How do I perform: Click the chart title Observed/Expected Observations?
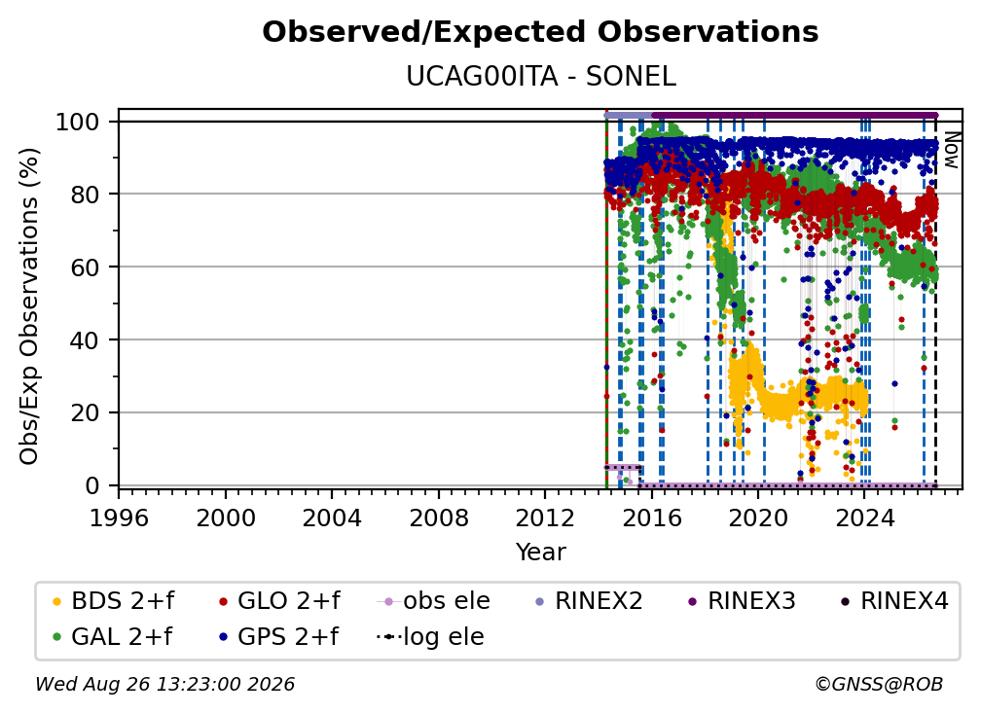click(540, 32)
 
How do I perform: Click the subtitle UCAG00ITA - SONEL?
click(540, 77)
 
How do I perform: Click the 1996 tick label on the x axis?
click(119, 518)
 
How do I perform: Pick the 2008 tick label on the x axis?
click(439, 518)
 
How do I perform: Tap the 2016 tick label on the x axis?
click(651, 518)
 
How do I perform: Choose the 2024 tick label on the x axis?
click(864, 518)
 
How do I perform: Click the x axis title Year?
click(540, 553)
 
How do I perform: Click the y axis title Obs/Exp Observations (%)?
click(29, 306)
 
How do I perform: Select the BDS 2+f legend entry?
click(113, 601)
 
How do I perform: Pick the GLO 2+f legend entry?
click(279, 601)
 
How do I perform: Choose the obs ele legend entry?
click(434, 601)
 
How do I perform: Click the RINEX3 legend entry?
click(742, 601)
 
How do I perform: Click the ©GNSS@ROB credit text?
click(879, 684)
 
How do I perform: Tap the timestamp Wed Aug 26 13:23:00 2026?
click(165, 684)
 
